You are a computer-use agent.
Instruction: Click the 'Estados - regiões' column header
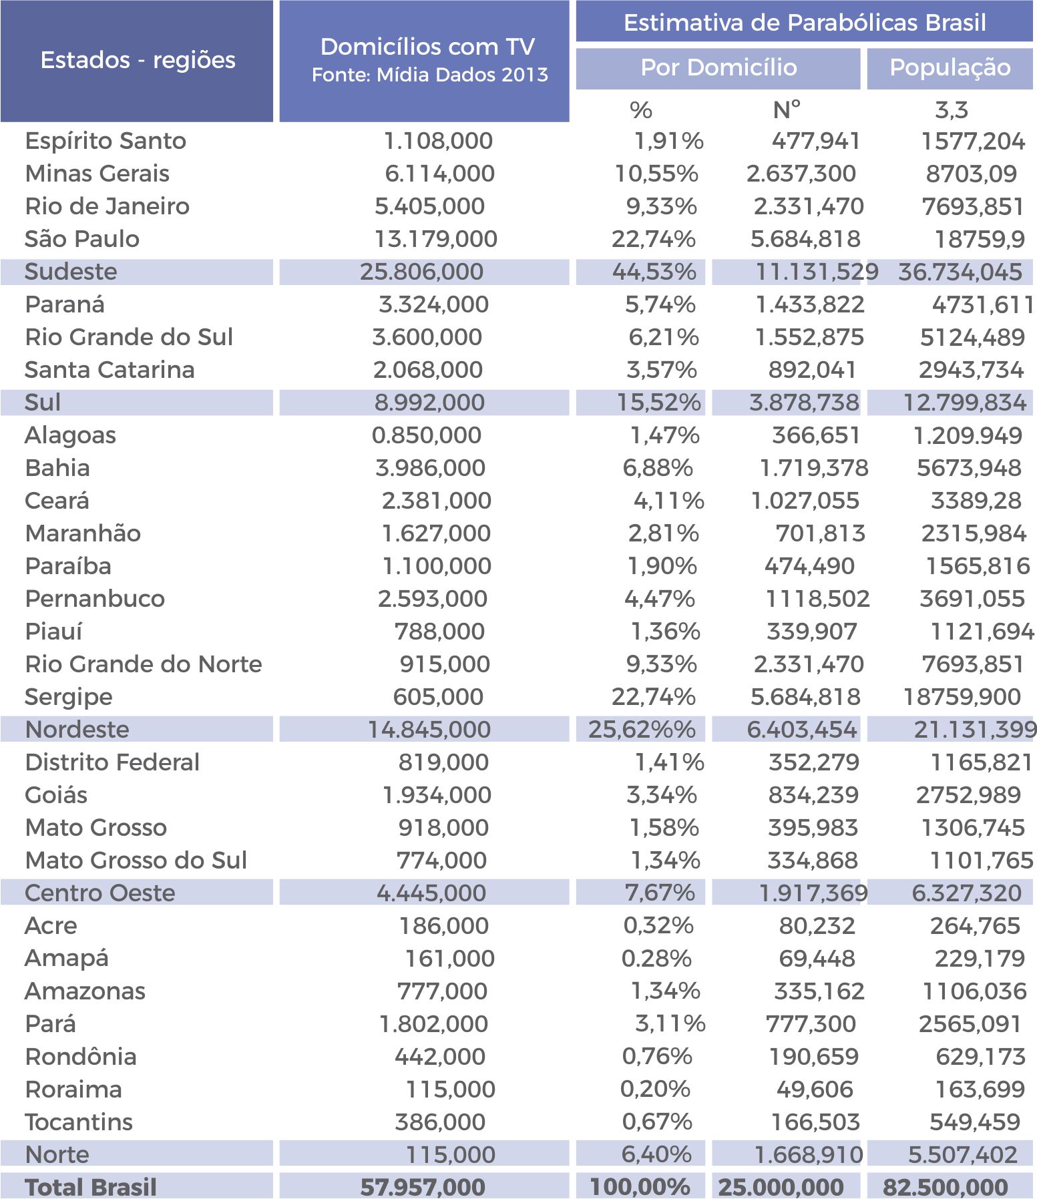point(138,61)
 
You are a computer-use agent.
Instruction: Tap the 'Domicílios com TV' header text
point(427,47)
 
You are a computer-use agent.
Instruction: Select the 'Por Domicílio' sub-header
point(718,67)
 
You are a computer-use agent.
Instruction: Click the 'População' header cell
point(950,67)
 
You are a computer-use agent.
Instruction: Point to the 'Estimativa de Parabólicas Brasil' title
point(805,23)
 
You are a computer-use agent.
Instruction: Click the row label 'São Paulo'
point(82,238)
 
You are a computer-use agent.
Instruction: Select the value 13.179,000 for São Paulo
point(435,239)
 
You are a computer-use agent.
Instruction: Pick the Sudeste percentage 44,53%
point(654,272)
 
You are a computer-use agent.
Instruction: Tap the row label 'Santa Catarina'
point(110,369)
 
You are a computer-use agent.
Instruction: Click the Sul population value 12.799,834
point(964,403)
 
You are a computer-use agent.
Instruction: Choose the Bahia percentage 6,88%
point(658,468)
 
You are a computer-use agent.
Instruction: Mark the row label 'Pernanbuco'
point(95,599)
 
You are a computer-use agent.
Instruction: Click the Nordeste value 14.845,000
point(429,730)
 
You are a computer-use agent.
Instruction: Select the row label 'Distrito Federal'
point(112,762)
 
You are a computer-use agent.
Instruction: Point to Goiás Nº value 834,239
point(813,795)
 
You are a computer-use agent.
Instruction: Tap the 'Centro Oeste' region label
point(100,893)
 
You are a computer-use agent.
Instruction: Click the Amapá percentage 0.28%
point(656,959)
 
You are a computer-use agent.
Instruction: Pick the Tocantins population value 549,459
point(975,1122)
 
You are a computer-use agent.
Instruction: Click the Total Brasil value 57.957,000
point(423,1187)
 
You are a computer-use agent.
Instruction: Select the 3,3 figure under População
point(952,110)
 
